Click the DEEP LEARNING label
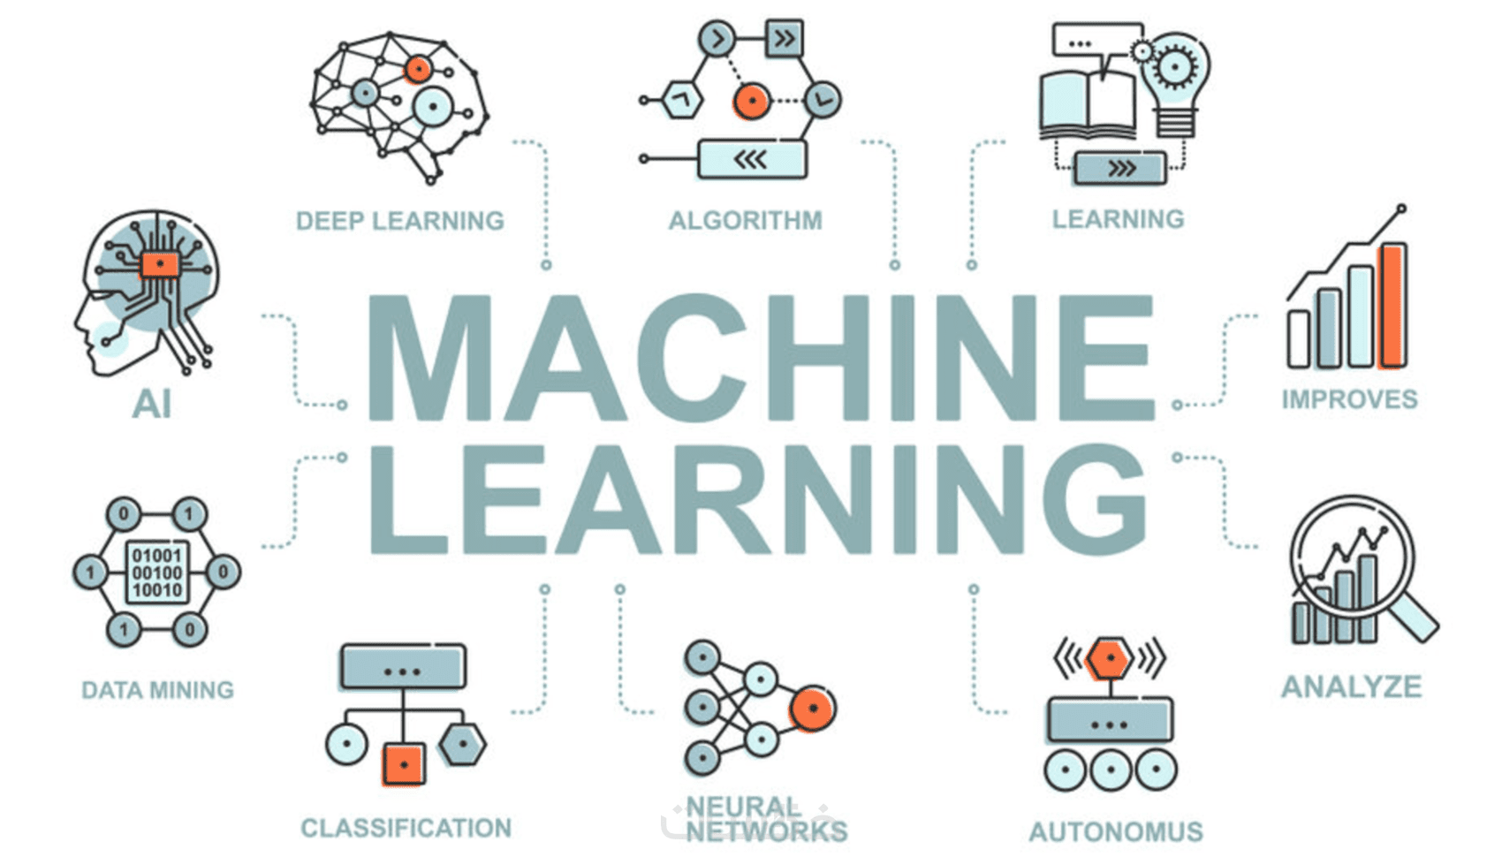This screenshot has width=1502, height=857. [x=399, y=221]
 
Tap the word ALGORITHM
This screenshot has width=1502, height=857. [x=745, y=220]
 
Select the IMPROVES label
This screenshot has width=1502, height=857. [x=1349, y=399]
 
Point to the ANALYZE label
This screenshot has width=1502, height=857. [x=1351, y=686]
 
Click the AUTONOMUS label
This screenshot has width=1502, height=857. [x=1115, y=831]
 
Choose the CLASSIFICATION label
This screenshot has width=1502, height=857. [x=406, y=828]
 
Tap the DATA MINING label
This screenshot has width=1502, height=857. [x=157, y=690]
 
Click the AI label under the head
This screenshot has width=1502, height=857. [x=151, y=405]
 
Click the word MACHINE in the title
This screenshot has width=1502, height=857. [x=760, y=358]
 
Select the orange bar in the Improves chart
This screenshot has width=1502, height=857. [x=1392, y=305]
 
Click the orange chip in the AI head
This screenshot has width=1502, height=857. [x=160, y=263]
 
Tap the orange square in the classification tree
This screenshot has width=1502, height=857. [x=403, y=763]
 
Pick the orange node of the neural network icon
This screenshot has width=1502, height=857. [x=812, y=709]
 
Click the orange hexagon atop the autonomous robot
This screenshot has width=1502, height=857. [x=1108, y=659]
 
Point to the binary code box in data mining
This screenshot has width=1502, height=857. [x=156, y=573]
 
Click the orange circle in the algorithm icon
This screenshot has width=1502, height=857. [x=751, y=102]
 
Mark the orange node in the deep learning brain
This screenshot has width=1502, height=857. [x=418, y=69]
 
